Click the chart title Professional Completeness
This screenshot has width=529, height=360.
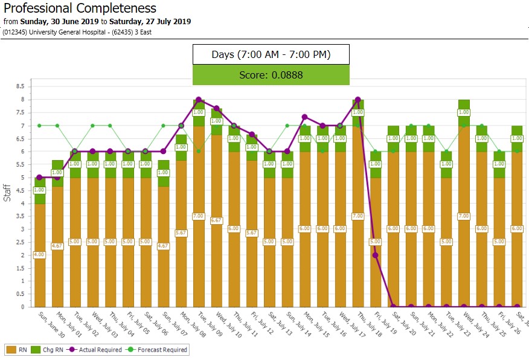pos(80,8)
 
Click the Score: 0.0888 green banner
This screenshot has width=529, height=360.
pos(271,75)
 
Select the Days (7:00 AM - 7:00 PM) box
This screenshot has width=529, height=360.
pos(271,54)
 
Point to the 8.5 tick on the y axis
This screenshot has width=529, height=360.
pos(21,86)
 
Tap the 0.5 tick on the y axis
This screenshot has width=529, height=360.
pos(21,294)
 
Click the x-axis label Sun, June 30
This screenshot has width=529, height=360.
pos(49,323)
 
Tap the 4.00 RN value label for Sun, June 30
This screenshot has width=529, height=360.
pos(39,255)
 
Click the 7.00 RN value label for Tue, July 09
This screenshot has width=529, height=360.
pos(199,216)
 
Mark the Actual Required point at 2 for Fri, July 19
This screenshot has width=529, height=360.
pos(376,255)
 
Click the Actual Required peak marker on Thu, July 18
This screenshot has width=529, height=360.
pos(358,100)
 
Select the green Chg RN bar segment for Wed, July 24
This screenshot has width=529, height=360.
pos(464,112)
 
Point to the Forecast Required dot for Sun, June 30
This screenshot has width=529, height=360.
pos(39,126)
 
